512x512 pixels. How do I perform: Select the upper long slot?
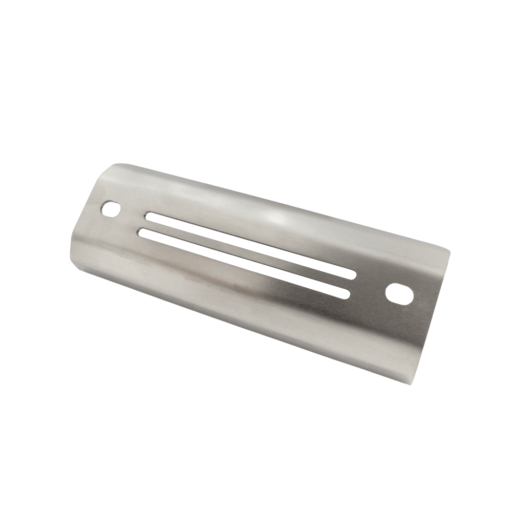tap(251, 246)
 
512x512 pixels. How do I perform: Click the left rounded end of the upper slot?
tap(149, 216)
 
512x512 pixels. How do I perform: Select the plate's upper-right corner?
tap(450, 250)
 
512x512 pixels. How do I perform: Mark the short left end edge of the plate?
tap(84, 215)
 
